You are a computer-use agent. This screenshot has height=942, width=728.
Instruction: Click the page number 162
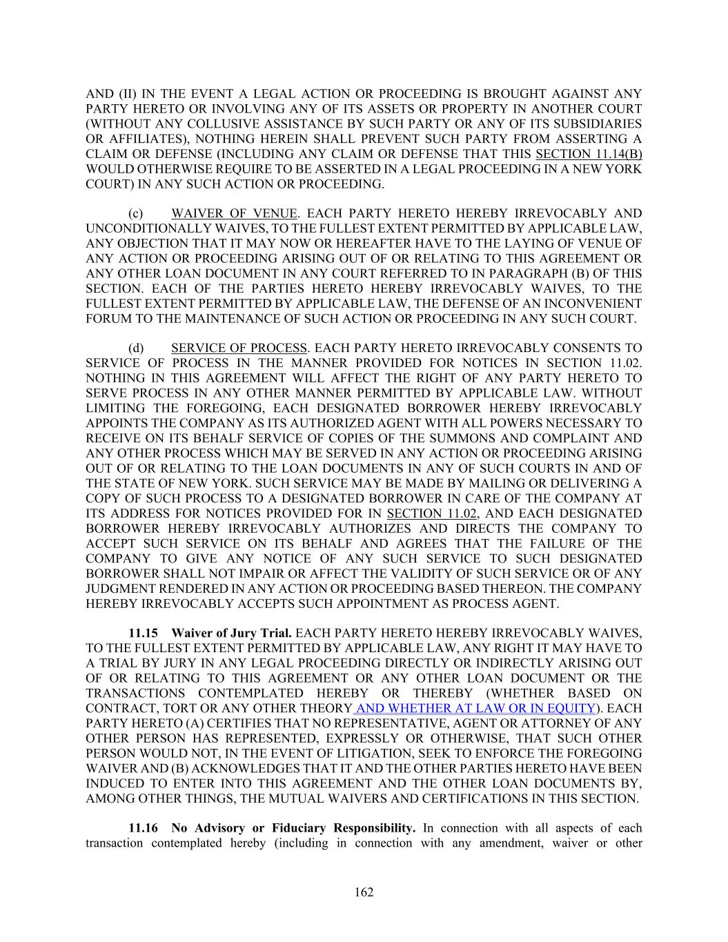coord(364,892)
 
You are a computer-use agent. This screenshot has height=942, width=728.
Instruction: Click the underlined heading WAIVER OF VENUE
coord(234,213)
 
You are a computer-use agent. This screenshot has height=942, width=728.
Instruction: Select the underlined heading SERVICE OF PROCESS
coord(239,348)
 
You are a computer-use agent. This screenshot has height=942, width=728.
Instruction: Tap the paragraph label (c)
coord(135,213)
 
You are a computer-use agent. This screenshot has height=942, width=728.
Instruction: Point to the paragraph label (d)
coord(135,348)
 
